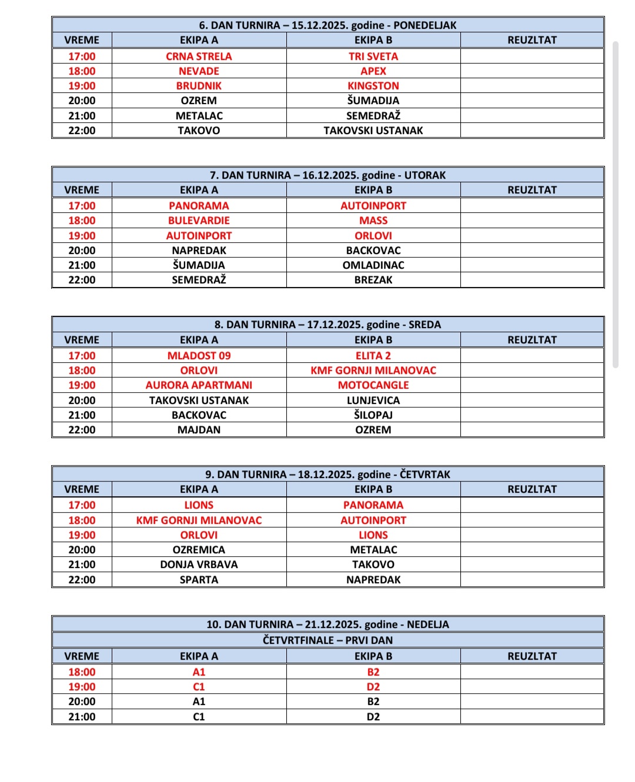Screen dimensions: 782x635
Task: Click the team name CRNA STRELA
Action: coord(199,56)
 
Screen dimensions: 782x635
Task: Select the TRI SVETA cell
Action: coord(373,56)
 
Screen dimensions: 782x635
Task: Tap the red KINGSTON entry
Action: coord(373,86)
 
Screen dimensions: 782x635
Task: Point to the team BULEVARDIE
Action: coord(199,220)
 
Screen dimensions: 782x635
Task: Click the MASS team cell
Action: coord(373,220)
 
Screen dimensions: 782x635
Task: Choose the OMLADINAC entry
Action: coord(373,265)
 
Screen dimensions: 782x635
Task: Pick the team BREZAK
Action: coord(373,280)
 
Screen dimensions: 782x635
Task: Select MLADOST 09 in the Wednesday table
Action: coord(199,356)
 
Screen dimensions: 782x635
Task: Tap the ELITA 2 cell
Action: coord(373,356)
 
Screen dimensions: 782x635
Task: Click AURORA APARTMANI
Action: coord(199,385)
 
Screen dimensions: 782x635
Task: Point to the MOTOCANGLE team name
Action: coord(373,385)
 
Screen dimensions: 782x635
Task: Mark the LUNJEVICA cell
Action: coord(373,400)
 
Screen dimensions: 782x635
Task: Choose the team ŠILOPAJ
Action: coord(373,415)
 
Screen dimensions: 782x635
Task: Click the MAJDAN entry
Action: coord(199,430)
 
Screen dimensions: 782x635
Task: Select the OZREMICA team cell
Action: coord(199,550)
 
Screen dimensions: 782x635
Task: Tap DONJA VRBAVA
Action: coord(199,564)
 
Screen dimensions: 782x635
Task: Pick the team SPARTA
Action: coord(199,580)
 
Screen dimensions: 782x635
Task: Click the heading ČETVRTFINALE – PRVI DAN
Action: coord(327,640)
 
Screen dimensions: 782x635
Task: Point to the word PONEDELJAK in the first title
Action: coord(425,25)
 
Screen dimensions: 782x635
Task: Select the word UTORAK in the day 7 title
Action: coord(425,175)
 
